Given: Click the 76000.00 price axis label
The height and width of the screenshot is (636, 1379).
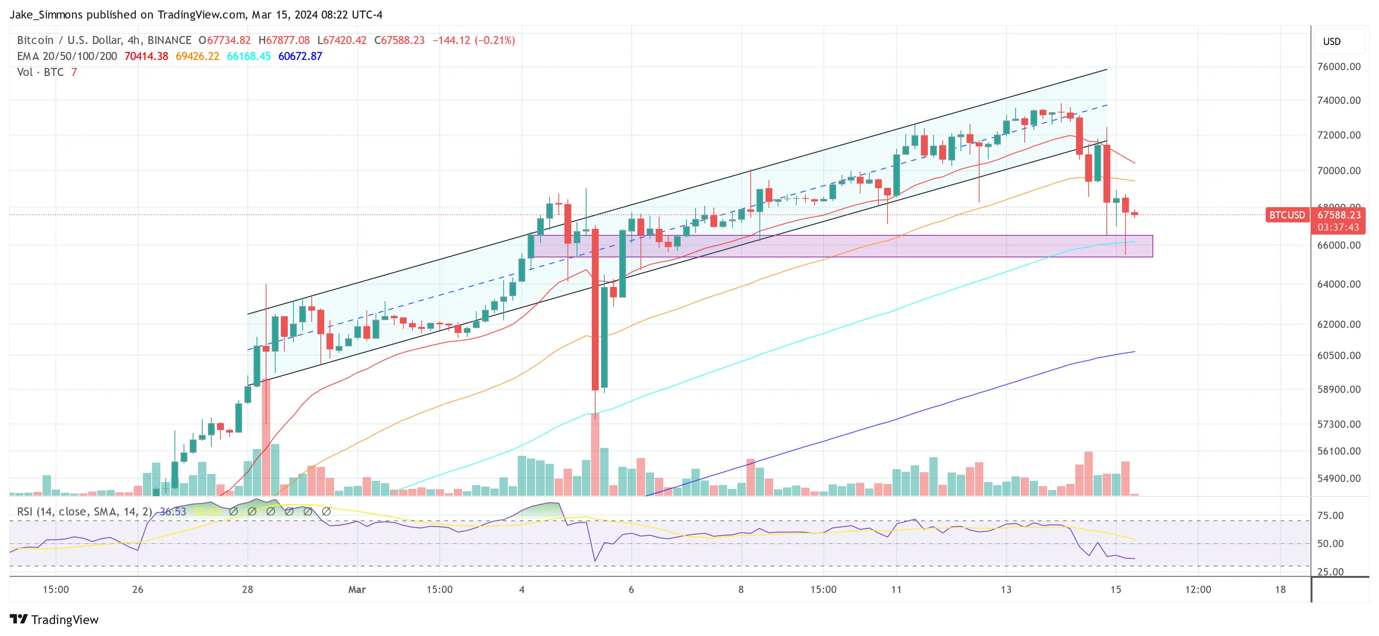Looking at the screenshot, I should (x=1338, y=67).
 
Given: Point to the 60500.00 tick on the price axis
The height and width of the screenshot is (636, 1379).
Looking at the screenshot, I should (x=1338, y=355).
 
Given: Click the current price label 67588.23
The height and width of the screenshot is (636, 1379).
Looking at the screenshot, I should (x=1338, y=215).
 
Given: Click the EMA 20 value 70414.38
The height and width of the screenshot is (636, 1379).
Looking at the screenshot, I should (x=146, y=56).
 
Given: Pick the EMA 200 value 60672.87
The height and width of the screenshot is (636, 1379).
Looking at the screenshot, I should (x=300, y=56).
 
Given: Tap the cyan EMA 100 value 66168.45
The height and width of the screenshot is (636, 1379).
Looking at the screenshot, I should (x=249, y=56).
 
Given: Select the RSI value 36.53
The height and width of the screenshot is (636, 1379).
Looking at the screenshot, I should (x=173, y=512).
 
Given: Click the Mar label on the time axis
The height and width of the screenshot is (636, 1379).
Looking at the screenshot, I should (x=357, y=589).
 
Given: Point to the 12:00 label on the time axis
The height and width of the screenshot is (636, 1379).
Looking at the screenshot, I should (x=1198, y=589).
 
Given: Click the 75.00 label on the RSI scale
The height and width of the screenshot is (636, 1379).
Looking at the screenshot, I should (x=1330, y=515).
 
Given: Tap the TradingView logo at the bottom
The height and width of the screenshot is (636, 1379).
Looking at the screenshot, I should (x=54, y=619).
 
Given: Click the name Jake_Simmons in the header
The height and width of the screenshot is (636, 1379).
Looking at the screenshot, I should (x=46, y=14).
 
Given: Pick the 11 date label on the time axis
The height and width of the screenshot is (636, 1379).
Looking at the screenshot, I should (x=896, y=589).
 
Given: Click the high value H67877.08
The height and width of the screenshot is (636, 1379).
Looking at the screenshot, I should (x=284, y=40).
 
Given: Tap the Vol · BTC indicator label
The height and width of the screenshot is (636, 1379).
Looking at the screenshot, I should (x=40, y=72).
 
